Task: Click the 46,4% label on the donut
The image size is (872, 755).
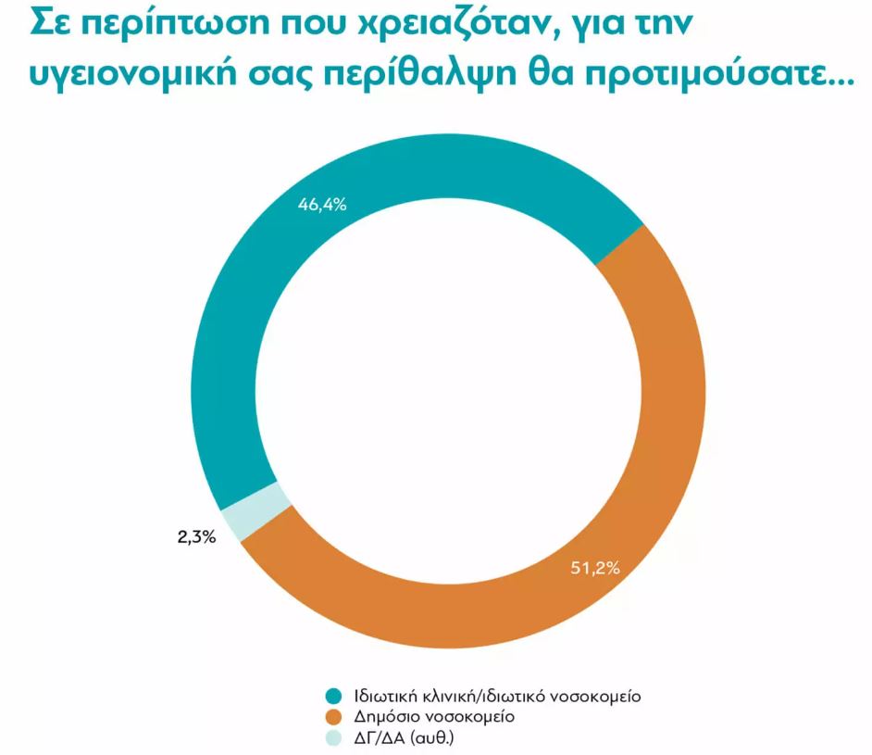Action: point(322,205)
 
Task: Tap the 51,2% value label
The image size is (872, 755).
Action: point(594,567)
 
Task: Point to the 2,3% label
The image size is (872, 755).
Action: point(196,535)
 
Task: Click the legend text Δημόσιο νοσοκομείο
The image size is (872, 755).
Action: point(429,716)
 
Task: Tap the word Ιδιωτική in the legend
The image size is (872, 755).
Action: point(383,696)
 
